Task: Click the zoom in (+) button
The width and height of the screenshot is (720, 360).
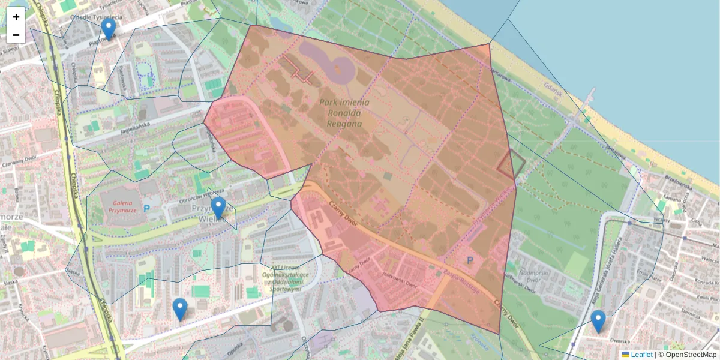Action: (16, 17)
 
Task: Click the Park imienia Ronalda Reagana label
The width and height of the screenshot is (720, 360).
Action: (344, 113)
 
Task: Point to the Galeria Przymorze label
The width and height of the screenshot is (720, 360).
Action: (119, 206)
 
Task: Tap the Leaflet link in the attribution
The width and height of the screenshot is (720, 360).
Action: (641, 355)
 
